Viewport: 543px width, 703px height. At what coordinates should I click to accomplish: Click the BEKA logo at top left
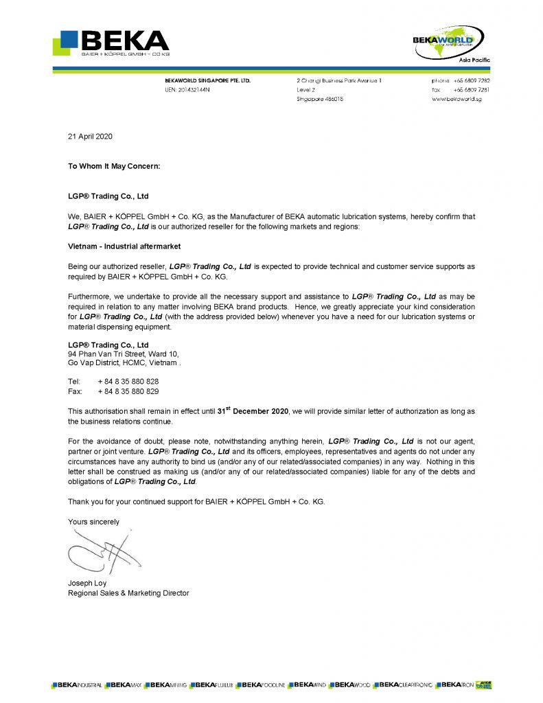click(111, 42)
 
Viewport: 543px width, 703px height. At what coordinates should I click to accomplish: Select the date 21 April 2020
click(90, 136)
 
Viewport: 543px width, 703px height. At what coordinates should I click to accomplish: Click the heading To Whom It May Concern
click(114, 166)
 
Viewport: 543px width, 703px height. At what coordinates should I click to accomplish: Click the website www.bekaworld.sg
click(460, 100)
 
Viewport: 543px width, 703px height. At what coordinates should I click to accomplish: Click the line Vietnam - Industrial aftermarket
click(123, 246)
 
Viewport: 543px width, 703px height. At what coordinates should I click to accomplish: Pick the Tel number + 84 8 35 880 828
click(128, 381)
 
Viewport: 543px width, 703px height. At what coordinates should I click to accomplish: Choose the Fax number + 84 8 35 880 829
click(128, 391)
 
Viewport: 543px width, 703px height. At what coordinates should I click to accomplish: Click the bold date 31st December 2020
click(253, 411)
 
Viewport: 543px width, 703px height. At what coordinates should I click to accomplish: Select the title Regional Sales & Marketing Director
click(128, 592)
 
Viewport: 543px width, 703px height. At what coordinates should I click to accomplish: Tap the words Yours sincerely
click(93, 522)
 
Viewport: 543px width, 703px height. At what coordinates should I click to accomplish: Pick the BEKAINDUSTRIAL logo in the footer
click(77, 685)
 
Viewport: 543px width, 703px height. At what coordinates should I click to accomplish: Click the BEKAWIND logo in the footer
click(307, 685)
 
